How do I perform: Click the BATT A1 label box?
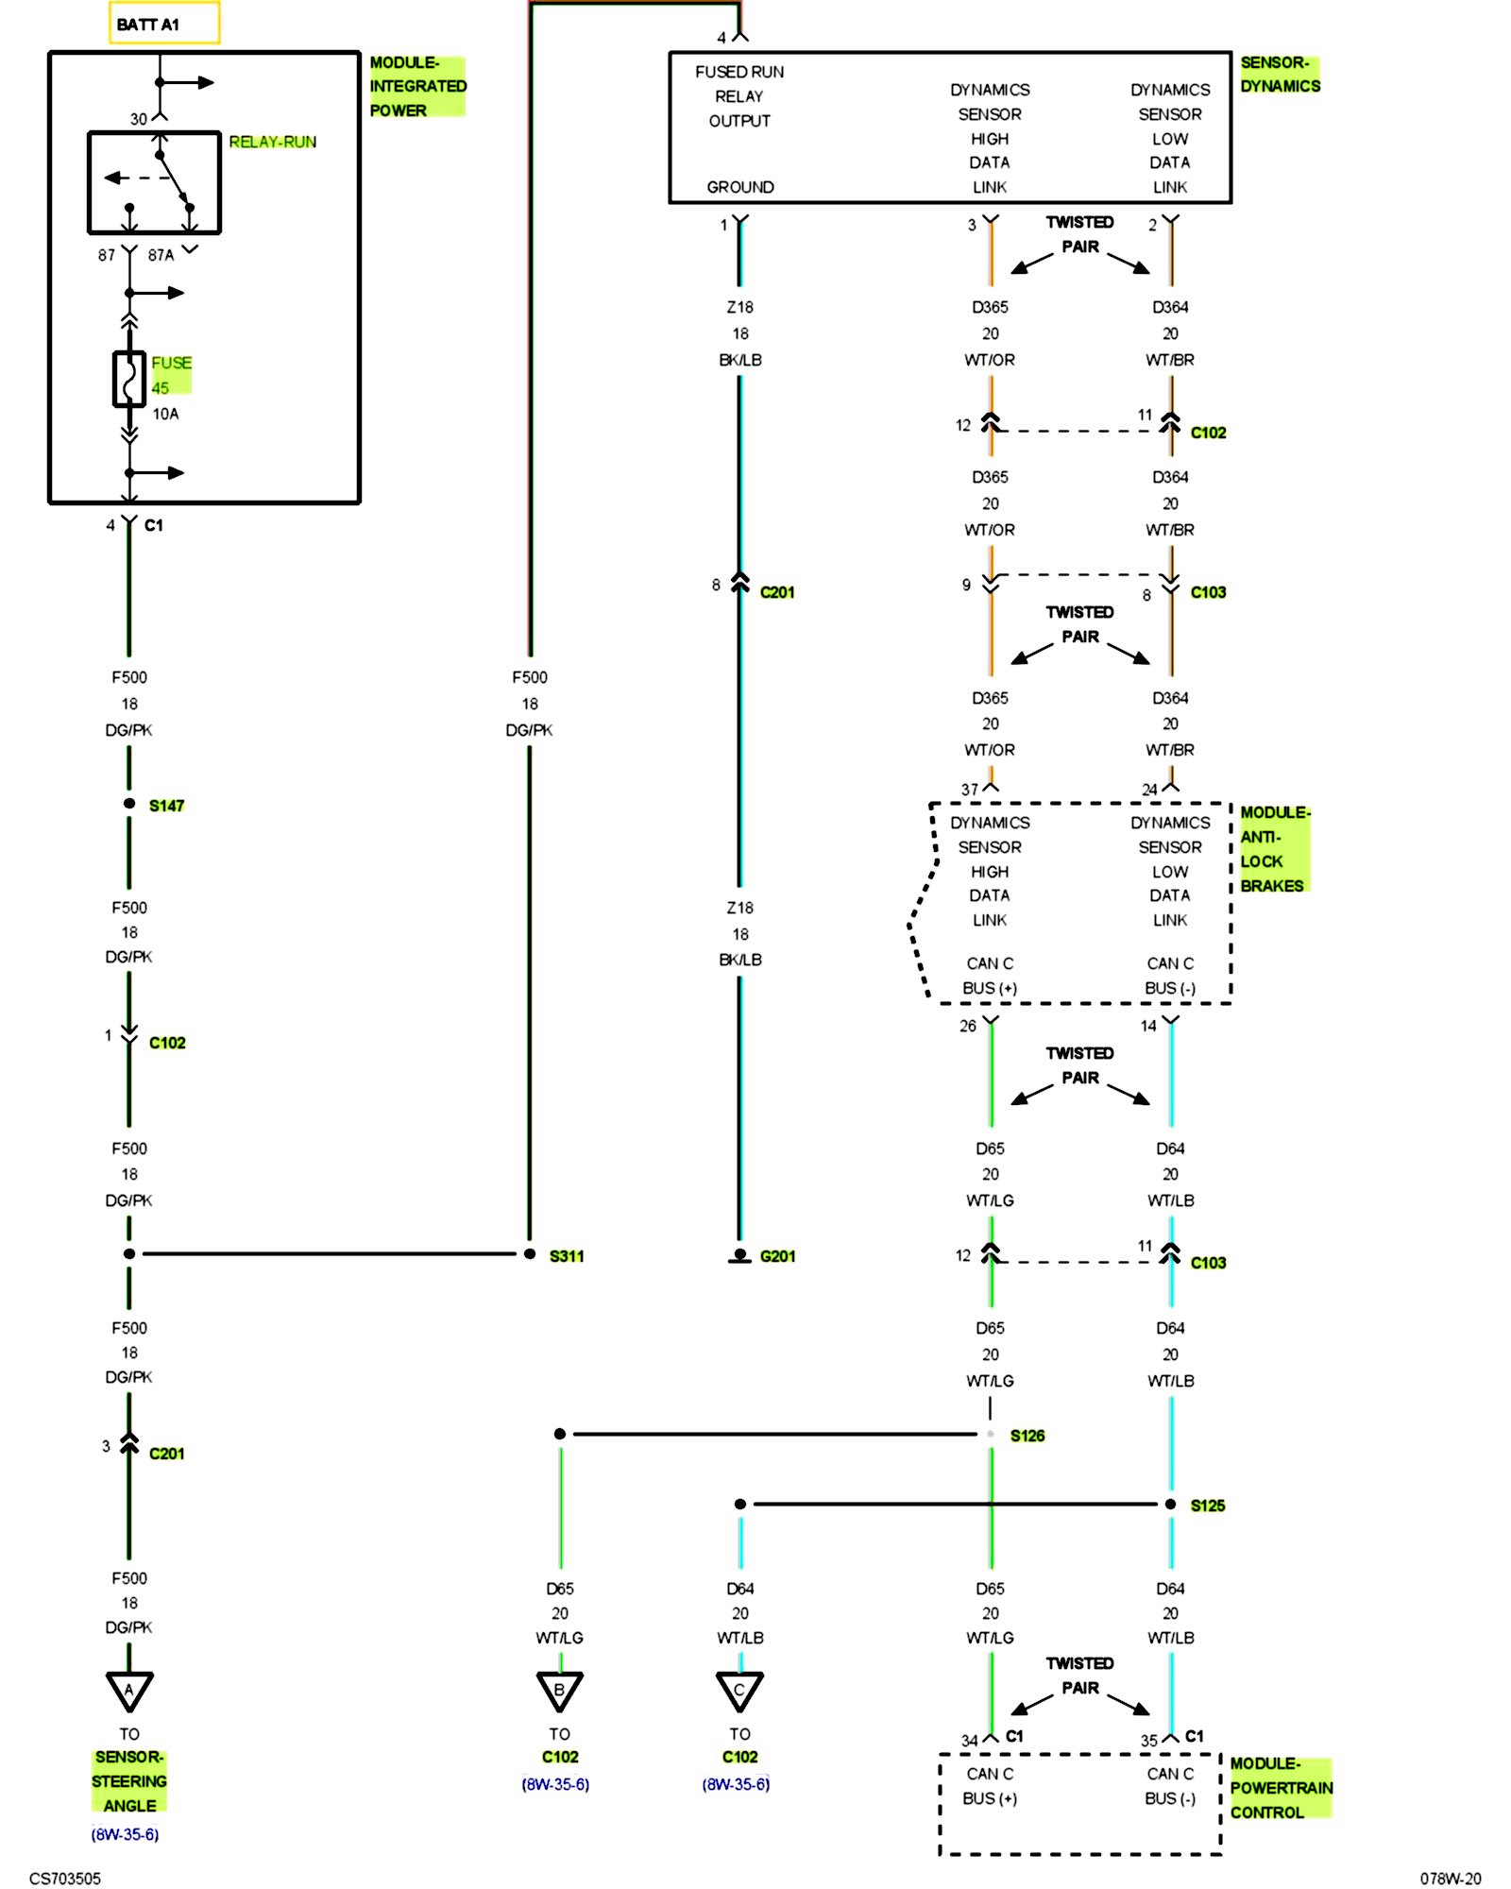tap(164, 24)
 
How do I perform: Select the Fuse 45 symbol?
tap(129, 379)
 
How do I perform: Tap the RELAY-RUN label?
tap(273, 142)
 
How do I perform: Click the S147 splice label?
tap(167, 806)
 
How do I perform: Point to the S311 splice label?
tap(567, 1256)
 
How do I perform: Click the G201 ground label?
tap(777, 1256)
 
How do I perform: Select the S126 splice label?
tap(1027, 1436)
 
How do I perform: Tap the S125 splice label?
tap(1208, 1506)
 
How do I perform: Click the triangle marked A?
tap(129, 1691)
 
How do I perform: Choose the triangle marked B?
tap(560, 1691)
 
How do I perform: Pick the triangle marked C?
tap(739, 1691)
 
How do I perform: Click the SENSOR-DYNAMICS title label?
tap(1281, 75)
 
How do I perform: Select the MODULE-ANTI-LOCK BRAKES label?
tap(1275, 849)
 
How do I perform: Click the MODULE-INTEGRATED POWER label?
tap(417, 86)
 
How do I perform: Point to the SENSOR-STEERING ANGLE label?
tap(129, 1781)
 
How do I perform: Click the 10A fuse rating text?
tap(166, 414)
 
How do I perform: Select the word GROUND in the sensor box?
tap(740, 187)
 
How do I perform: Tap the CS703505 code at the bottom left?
tap(65, 1879)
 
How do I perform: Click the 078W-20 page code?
tap(1451, 1879)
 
